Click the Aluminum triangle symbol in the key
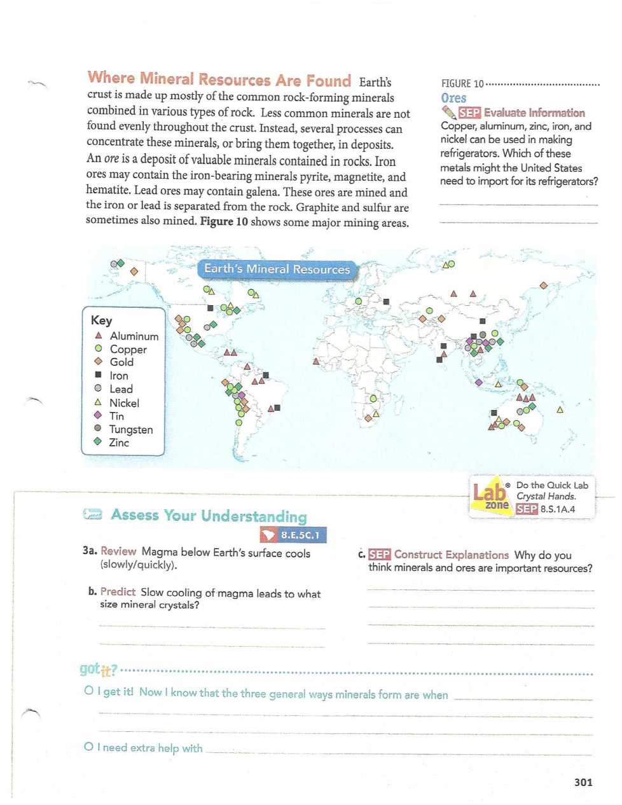(x=99, y=335)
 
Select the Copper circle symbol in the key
(x=99, y=348)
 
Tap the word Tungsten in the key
(x=131, y=429)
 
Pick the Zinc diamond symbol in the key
(x=98, y=441)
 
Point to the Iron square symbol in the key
(x=99, y=375)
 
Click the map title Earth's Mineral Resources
(x=277, y=269)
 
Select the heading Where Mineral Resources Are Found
(x=219, y=79)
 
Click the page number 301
(x=583, y=782)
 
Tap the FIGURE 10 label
(x=462, y=83)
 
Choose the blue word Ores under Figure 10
(x=453, y=98)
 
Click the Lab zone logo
(x=490, y=495)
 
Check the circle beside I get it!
(x=89, y=691)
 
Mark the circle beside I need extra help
(x=89, y=747)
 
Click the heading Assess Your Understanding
(x=209, y=515)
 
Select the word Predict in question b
(x=118, y=591)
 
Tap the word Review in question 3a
(x=118, y=551)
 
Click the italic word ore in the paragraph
(x=111, y=158)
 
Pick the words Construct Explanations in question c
(x=451, y=554)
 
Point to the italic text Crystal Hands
(x=546, y=496)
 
